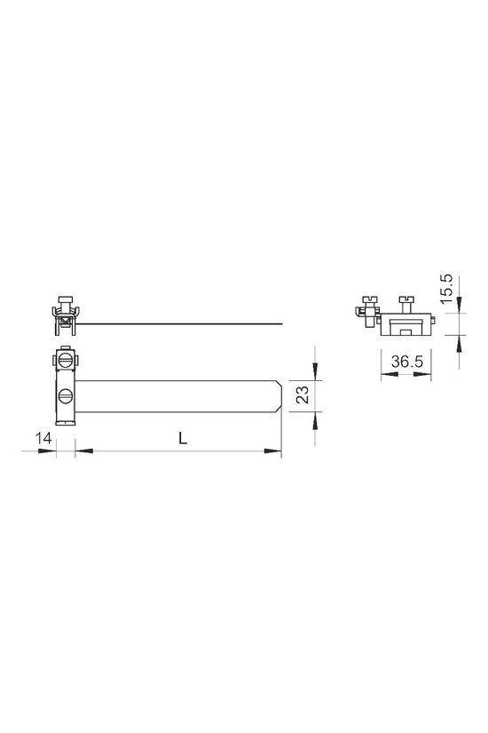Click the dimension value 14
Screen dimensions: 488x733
click(43, 439)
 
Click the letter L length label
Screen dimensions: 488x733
click(183, 438)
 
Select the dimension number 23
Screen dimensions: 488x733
click(303, 394)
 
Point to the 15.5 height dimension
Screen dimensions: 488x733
click(447, 289)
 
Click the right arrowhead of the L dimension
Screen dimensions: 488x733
click(272, 451)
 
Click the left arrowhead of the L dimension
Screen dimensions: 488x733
click(84, 451)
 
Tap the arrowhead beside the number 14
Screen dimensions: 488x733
click(47, 451)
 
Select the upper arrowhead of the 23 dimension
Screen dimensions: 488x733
click(315, 372)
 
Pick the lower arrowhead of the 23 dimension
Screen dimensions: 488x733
click(315, 421)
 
